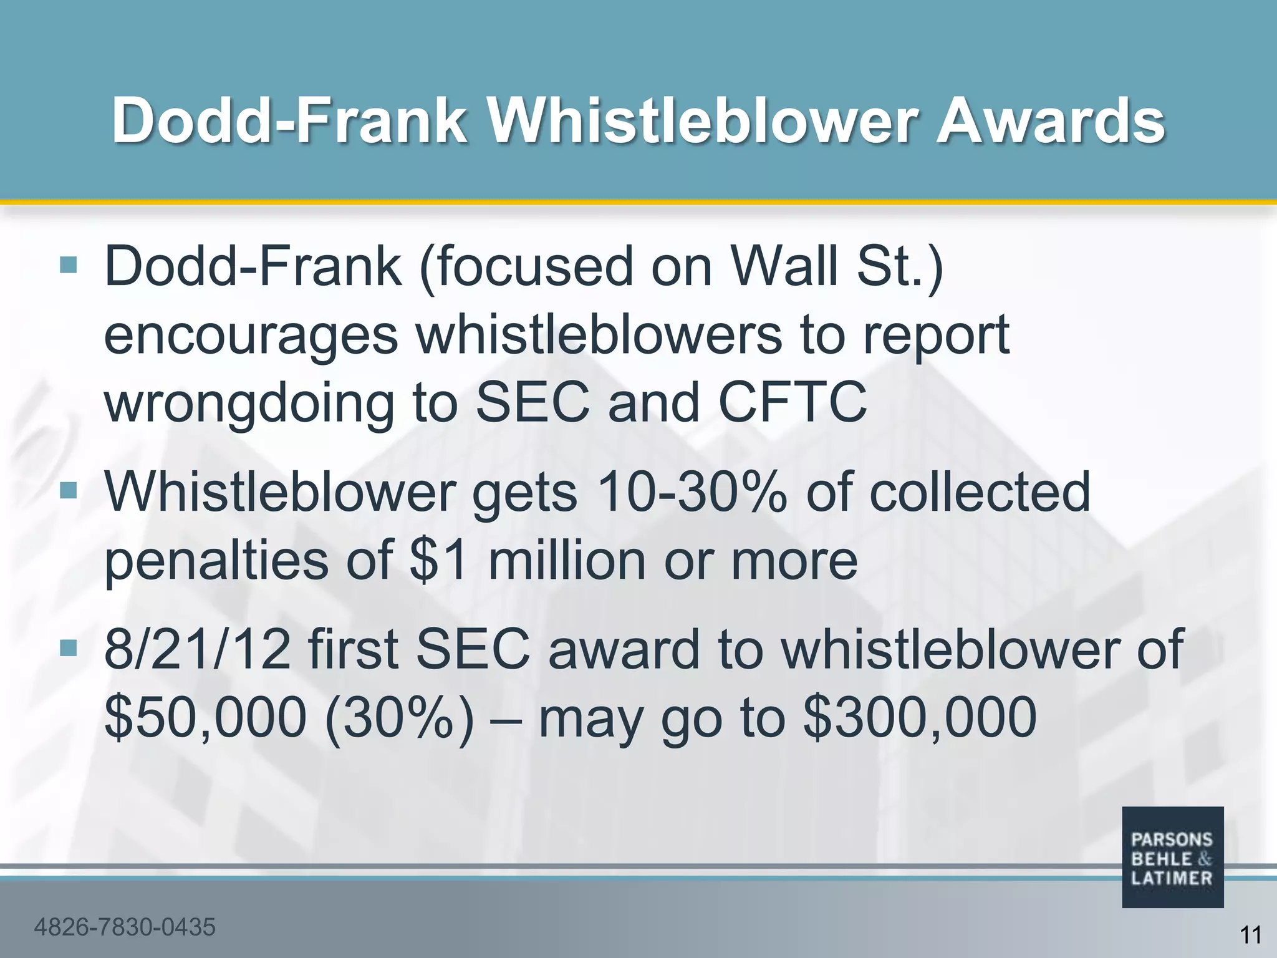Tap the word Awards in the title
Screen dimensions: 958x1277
tap(1051, 121)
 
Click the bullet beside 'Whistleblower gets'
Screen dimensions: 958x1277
tap(68, 491)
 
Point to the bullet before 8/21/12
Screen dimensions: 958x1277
tap(68, 649)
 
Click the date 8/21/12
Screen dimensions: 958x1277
tap(197, 650)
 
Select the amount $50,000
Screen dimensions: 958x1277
tap(205, 718)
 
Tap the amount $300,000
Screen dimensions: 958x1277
tap(920, 718)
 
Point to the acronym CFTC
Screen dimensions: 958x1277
tap(793, 402)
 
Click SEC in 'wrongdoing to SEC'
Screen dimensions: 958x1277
tap(532, 402)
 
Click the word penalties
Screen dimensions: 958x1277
tap(216, 560)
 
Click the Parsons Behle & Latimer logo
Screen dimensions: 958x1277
tap(1172, 857)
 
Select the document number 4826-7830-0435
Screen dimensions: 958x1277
tap(125, 927)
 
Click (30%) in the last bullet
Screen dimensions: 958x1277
tap(399, 718)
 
